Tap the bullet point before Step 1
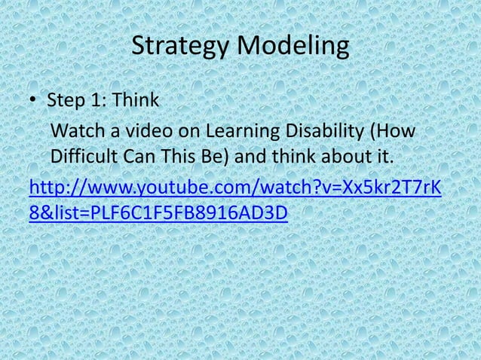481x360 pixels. (35, 101)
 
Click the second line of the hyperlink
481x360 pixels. (158, 213)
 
